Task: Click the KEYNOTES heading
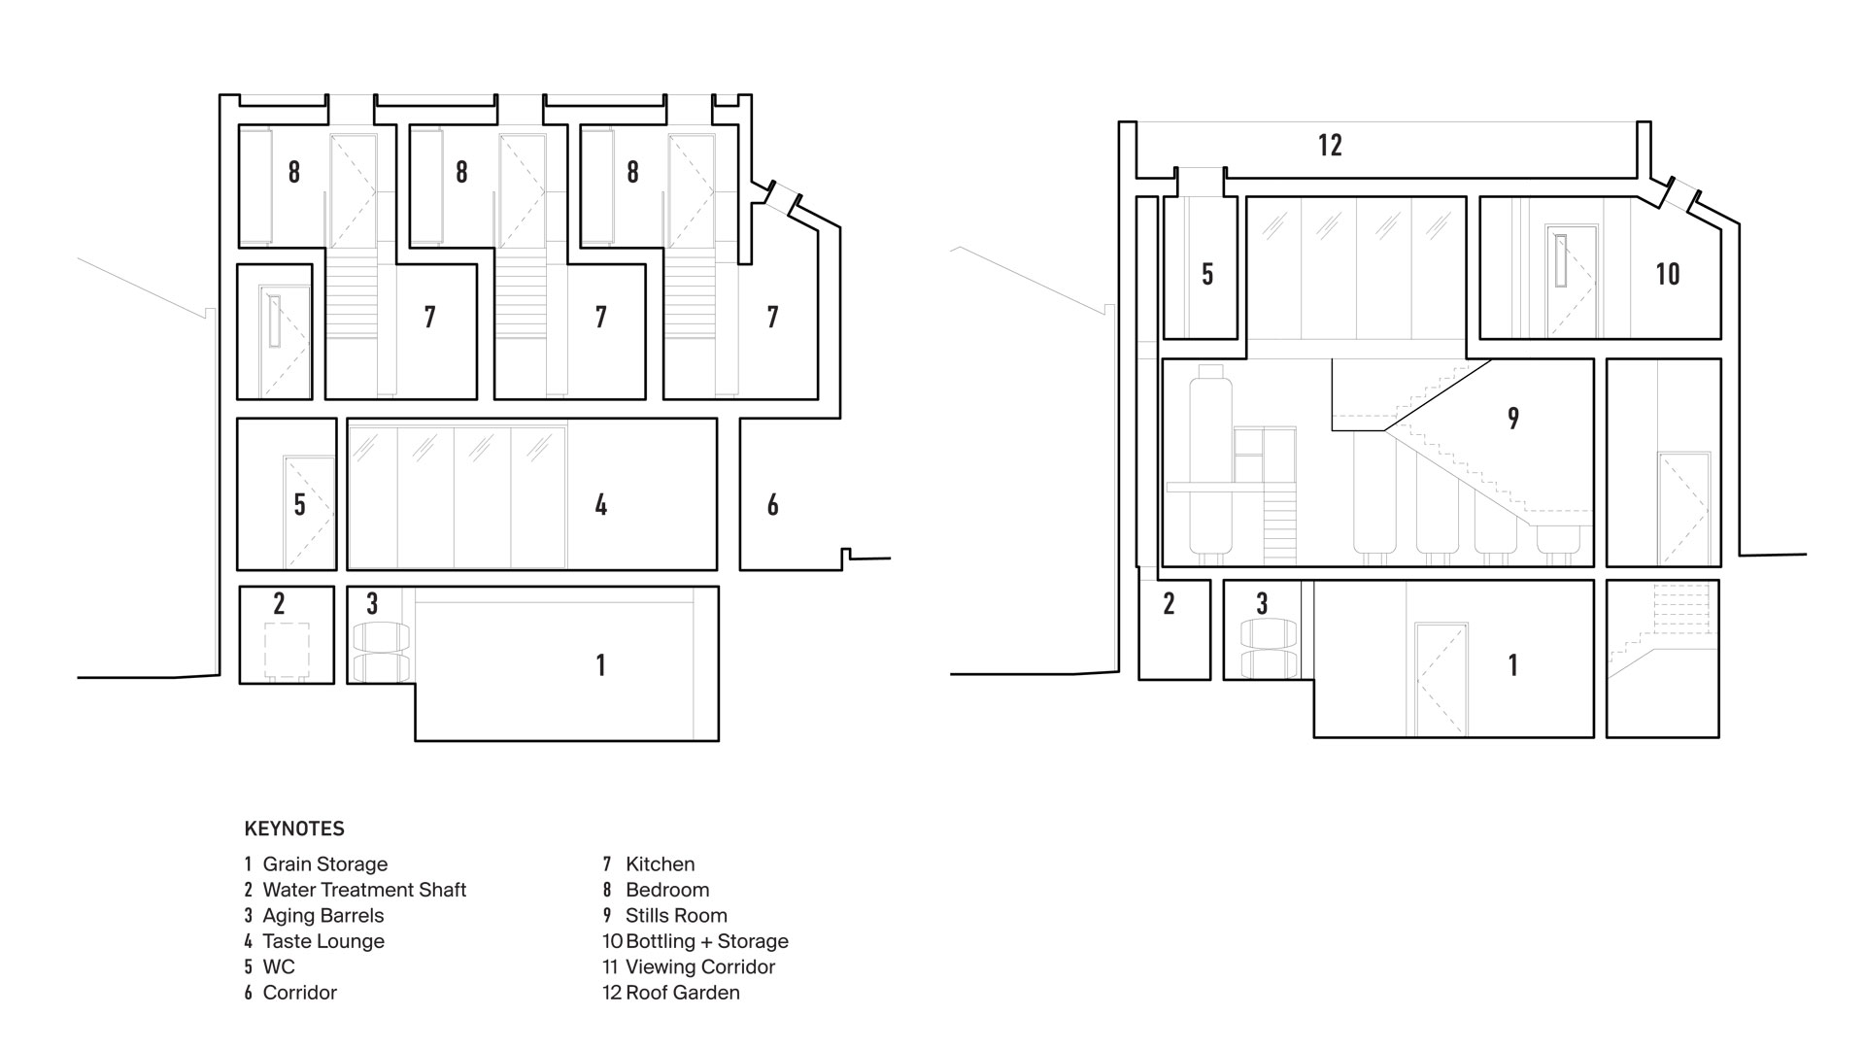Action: pos(294,829)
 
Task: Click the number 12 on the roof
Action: pos(1330,146)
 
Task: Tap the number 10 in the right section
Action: pos(1668,274)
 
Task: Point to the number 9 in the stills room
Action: pos(1513,419)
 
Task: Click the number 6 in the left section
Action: pos(772,505)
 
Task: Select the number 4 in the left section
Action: pos(601,505)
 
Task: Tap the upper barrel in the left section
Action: pos(380,637)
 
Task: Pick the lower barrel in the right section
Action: pos(1270,663)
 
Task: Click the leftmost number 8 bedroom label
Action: pos(293,172)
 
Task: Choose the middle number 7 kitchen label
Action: pos(601,317)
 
